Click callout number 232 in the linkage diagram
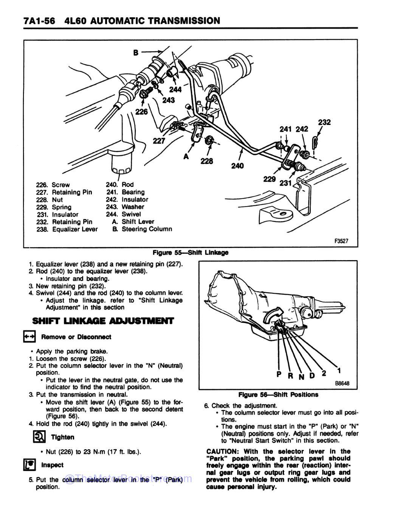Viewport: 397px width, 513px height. tap(324, 122)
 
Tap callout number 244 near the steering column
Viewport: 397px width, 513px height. tap(175, 89)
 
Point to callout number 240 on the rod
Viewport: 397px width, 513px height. tap(237, 166)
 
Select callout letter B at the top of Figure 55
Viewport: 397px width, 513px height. tap(135, 53)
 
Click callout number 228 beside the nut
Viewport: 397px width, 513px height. tap(206, 161)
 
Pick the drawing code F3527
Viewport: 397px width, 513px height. tap(341, 241)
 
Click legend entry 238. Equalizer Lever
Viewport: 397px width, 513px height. tap(67, 229)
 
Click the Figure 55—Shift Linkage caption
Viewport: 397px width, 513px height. tap(190, 253)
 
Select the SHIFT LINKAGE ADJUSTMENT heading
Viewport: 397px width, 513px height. tap(103, 321)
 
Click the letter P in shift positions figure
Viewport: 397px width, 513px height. tap(279, 374)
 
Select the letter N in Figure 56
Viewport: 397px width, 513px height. tap(301, 376)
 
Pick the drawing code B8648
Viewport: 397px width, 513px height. tap(342, 384)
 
